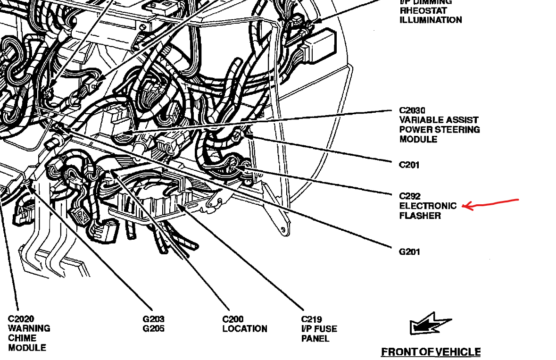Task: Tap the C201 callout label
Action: coord(409,165)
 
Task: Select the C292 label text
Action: coord(409,196)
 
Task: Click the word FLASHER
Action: coord(420,216)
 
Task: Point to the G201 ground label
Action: coord(409,251)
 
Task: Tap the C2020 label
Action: coord(21,319)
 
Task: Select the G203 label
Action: coord(154,319)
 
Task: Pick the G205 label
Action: coord(154,329)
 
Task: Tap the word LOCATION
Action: coord(245,329)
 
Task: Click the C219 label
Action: coord(312,319)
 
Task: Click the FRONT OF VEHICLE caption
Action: coord(431,352)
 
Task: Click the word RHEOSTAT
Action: coord(423,10)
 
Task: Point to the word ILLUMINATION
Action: coord(431,20)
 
